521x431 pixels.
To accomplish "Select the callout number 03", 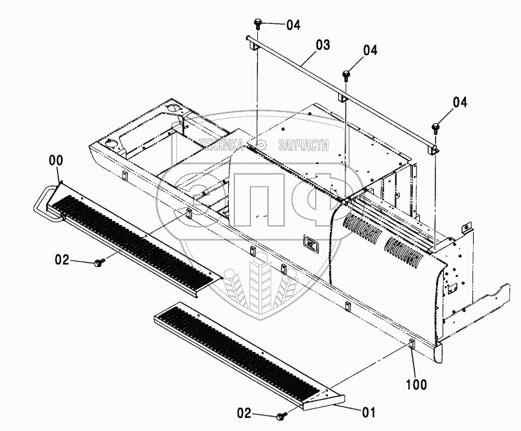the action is tap(323, 45).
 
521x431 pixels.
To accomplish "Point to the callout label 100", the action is tap(417, 384).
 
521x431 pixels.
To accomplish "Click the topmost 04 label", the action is tap(294, 25).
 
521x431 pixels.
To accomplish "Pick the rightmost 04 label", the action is tap(459, 102).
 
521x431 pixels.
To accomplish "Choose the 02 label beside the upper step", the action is tap(62, 260).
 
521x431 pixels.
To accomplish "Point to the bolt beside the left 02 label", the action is tap(98, 262).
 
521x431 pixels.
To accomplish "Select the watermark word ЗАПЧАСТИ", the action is tap(303, 145).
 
